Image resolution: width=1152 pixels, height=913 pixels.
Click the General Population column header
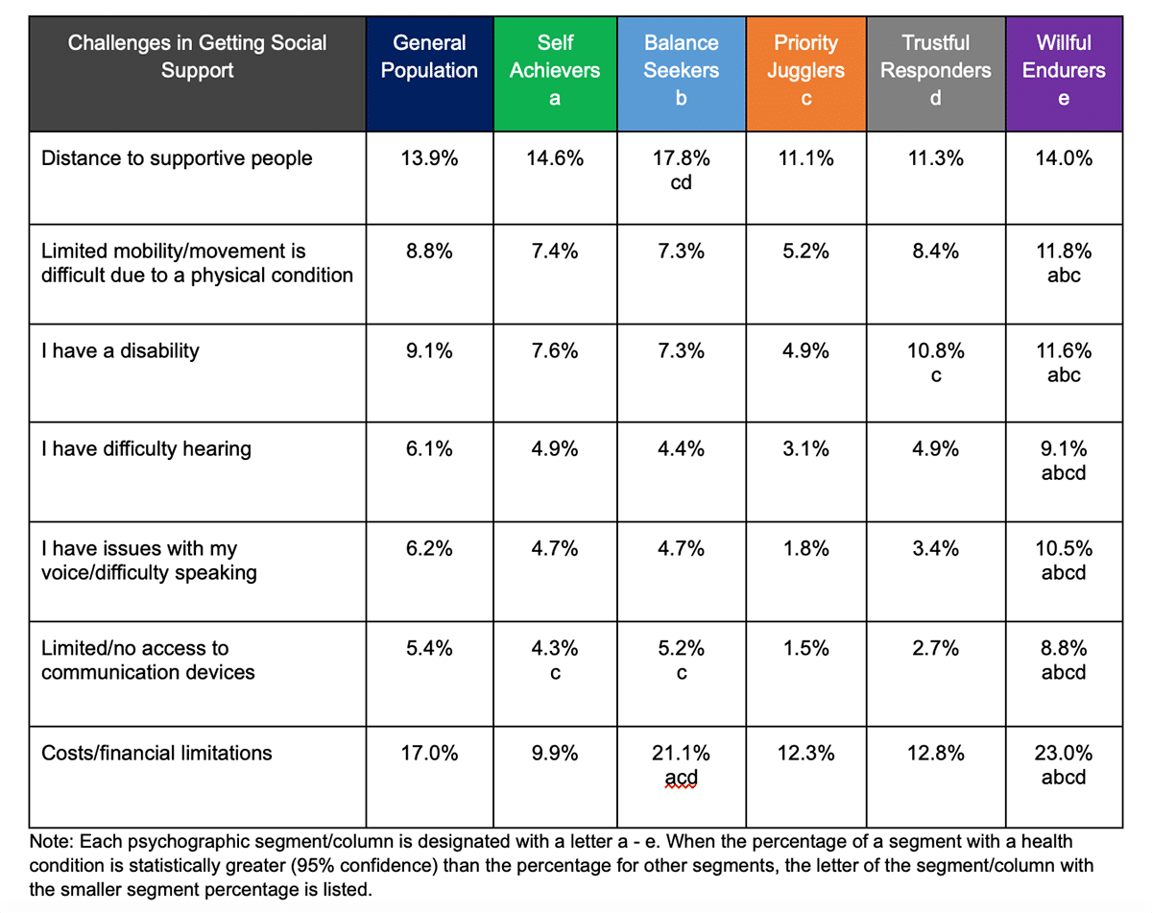click(x=429, y=58)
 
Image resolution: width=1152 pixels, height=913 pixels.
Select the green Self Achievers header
click(x=555, y=70)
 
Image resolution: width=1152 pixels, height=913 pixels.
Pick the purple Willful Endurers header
click(x=1063, y=70)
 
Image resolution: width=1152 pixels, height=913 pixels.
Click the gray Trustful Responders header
click(x=935, y=70)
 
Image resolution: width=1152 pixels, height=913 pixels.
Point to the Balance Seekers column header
click(x=681, y=70)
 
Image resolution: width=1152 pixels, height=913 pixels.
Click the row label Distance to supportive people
click(x=177, y=158)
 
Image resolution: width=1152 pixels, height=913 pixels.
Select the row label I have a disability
click(x=120, y=350)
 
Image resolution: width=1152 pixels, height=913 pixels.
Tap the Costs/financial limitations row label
click(x=156, y=753)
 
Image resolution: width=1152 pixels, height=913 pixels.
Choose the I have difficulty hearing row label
click(x=146, y=449)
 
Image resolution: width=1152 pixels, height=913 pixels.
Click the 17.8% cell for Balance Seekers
click(x=681, y=159)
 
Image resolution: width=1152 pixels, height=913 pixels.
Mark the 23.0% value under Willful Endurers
click(x=1063, y=754)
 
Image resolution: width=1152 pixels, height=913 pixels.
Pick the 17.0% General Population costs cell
click(x=429, y=754)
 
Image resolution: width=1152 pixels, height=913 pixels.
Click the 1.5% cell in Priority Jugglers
click(x=805, y=648)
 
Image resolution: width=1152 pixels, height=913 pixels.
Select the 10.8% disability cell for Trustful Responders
click(x=935, y=351)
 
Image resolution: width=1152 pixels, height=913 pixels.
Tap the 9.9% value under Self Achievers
click(x=555, y=754)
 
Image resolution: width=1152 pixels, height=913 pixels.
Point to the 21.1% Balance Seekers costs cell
click(x=681, y=754)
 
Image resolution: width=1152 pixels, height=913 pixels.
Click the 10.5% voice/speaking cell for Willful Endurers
click(x=1063, y=549)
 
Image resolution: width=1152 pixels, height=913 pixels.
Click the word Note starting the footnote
click(x=50, y=842)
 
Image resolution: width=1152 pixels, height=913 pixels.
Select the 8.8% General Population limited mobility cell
click(x=429, y=252)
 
